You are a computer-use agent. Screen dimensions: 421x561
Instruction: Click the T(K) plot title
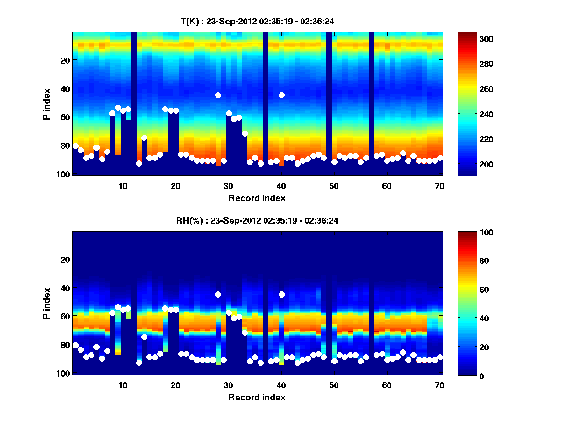pyautogui.click(x=257, y=21)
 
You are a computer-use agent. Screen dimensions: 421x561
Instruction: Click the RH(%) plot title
pyautogui.click(x=257, y=220)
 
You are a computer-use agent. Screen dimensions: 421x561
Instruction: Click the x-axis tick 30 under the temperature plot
pyautogui.click(x=228, y=186)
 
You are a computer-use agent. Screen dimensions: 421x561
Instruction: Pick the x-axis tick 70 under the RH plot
pyautogui.click(x=439, y=385)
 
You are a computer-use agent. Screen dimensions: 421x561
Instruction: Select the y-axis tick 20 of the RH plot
pyautogui.click(x=65, y=260)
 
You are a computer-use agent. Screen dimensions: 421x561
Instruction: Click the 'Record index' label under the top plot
pyautogui.click(x=257, y=198)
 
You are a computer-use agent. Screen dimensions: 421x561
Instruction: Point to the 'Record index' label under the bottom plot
pyautogui.click(x=257, y=397)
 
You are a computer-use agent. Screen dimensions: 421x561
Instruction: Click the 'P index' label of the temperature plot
pyautogui.click(x=47, y=104)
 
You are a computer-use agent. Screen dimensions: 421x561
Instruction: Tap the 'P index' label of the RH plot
pyautogui.click(x=47, y=303)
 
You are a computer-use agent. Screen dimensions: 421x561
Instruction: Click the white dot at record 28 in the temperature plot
pyautogui.click(x=218, y=95)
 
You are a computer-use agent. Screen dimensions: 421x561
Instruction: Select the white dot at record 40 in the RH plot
pyautogui.click(x=281, y=294)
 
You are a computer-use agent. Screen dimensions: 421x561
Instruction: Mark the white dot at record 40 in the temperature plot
pyautogui.click(x=281, y=95)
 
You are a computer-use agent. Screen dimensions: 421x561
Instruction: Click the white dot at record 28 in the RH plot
pyautogui.click(x=218, y=294)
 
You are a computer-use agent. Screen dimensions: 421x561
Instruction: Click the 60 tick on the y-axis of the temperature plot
pyautogui.click(x=65, y=116)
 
